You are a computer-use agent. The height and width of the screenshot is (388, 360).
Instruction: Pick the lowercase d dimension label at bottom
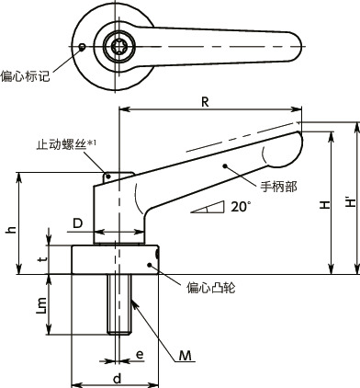click(117, 377)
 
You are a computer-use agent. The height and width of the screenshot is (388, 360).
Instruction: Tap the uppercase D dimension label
click(78, 223)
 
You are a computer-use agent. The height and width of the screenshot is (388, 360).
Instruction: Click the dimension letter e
click(140, 353)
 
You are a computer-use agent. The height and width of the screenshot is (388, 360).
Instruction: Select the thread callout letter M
click(186, 355)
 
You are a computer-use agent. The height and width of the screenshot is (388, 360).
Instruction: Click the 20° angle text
click(240, 208)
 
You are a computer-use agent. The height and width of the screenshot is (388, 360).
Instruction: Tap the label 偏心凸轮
click(210, 288)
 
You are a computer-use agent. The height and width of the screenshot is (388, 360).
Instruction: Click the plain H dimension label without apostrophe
click(325, 207)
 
